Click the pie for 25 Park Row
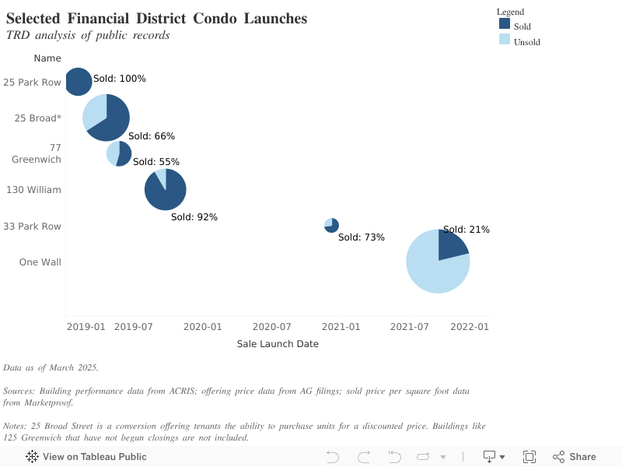[78, 81]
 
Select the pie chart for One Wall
[438, 262]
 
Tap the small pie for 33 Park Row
[331, 226]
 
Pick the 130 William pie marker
[165, 189]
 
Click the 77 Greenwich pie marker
[119, 153]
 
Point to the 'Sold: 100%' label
[120, 79]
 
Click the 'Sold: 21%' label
[466, 230]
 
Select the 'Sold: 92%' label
[194, 217]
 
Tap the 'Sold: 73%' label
[362, 237]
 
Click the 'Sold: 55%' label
[156, 162]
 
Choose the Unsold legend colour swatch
[505, 39]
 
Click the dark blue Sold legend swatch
[505, 24]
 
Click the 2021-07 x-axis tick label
[407, 327]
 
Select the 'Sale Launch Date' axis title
[278, 344]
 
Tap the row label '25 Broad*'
[38, 118]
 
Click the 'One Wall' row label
[40, 262]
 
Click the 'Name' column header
[47, 58]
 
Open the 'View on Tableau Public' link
[86, 457]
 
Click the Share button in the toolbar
[575, 457]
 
